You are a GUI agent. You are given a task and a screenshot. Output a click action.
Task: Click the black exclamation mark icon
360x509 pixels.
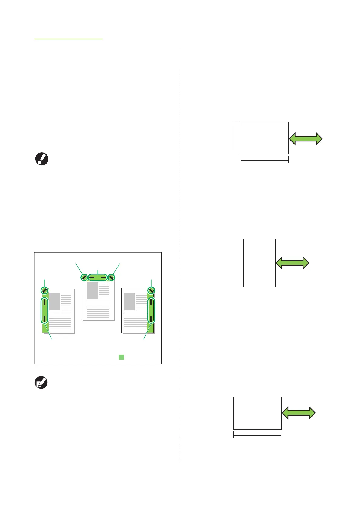[42, 159]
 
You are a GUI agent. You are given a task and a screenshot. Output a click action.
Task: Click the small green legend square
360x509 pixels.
[121, 357]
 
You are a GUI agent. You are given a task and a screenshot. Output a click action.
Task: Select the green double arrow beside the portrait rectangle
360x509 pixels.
[293, 263]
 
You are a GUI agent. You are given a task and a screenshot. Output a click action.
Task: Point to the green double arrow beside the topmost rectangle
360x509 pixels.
[306, 139]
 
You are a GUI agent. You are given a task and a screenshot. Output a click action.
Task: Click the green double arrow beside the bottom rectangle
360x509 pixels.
[299, 413]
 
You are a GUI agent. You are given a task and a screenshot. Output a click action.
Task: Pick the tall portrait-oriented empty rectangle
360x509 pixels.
[259, 263]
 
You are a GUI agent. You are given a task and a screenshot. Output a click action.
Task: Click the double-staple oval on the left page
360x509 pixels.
[44, 310]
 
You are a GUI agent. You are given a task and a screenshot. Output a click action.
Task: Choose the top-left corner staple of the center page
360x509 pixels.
[84, 277]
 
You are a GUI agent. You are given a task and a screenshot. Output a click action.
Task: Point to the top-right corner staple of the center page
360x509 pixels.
[111, 277]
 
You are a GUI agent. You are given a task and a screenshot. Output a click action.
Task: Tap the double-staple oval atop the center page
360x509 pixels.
[98, 277]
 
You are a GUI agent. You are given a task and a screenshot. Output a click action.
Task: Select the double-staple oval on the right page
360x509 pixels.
[151, 310]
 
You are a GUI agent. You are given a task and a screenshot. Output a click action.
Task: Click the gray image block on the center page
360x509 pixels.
[92, 290]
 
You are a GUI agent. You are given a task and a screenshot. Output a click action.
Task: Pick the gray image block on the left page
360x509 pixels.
[54, 301]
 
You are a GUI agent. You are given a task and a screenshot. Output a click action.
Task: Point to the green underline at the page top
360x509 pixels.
[68, 39]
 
